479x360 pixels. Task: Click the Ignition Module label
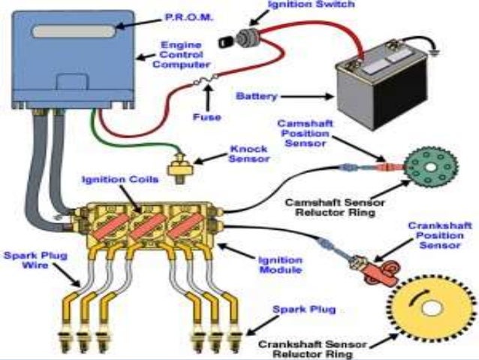(x=279, y=265)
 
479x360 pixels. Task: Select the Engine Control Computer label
(x=183, y=54)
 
